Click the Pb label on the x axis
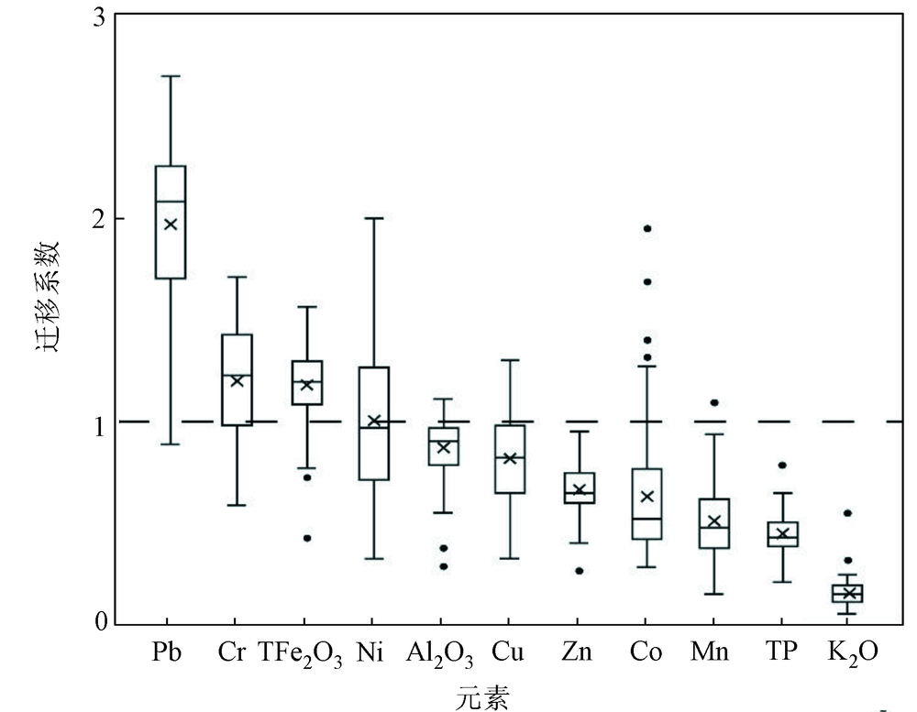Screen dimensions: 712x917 [171, 653]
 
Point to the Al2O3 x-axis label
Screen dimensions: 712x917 [440, 654]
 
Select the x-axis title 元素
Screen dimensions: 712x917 [482, 696]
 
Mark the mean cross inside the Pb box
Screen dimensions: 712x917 [171, 224]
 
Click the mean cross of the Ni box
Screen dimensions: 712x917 [374, 421]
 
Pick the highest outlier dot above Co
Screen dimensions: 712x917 [647, 228]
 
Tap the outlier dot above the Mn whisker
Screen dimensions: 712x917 [714, 402]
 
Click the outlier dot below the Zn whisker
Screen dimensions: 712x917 [580, 570]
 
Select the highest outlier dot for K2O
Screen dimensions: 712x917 [848, 513]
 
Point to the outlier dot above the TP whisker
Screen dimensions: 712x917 [782, 466]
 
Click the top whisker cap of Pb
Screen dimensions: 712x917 [171, 76]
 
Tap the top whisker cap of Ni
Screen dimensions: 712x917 [374, 219]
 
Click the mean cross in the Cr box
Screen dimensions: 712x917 [238, 380]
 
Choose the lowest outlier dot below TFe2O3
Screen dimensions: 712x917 [307, 538]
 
